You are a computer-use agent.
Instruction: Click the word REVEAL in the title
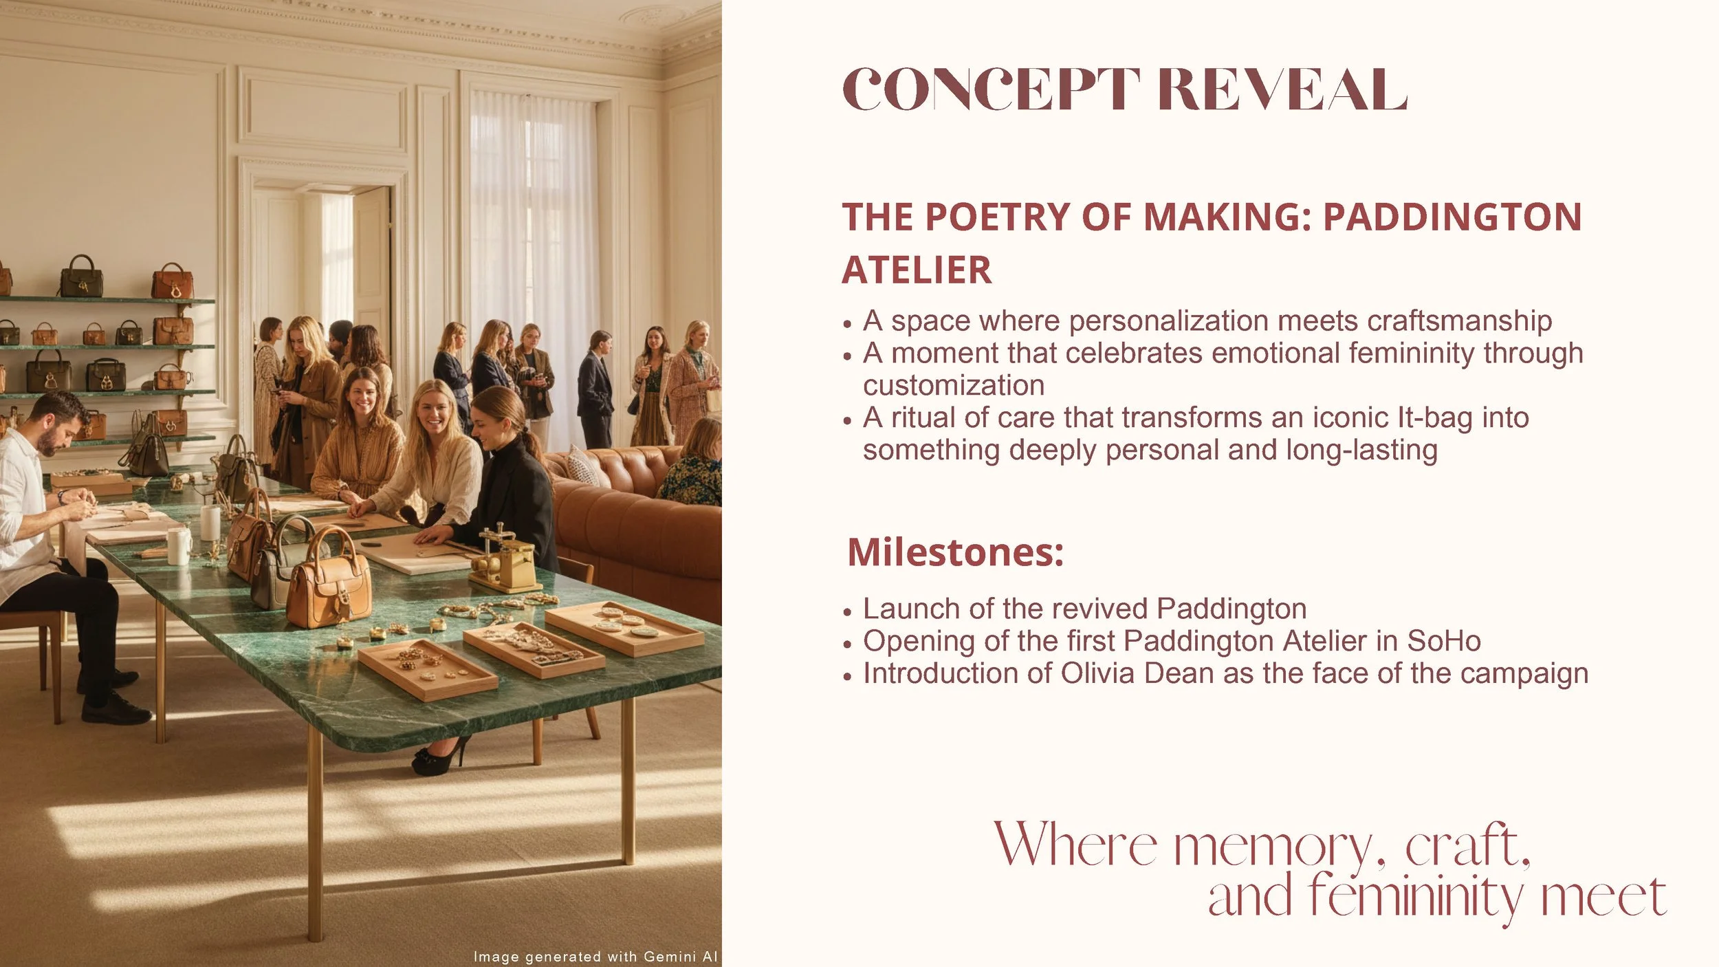point(1282,90)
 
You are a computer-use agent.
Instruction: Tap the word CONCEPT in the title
point(991,90)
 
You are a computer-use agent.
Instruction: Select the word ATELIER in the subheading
point(917,270)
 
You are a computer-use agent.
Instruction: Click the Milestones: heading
point(955,552)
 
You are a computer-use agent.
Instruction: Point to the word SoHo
point(1444,641)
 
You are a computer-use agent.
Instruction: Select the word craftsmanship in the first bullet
point(1459,321)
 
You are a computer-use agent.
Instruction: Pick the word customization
point(954,385)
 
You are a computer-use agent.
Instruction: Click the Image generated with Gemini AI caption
point(595,957)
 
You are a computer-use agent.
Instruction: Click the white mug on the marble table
point(179,544)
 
